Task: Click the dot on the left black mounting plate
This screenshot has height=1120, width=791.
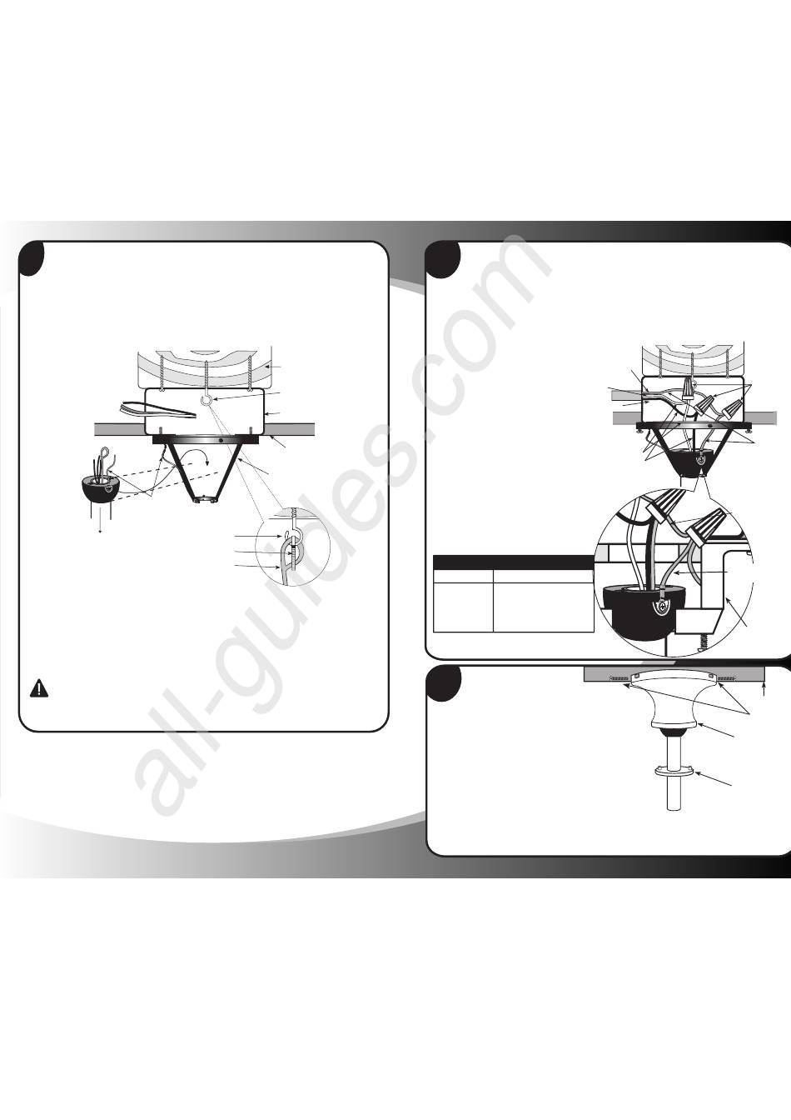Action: pyautogui.click(x=221, y=427)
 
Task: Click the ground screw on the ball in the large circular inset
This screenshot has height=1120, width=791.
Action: pyautogui.click(x=660, y=606)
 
